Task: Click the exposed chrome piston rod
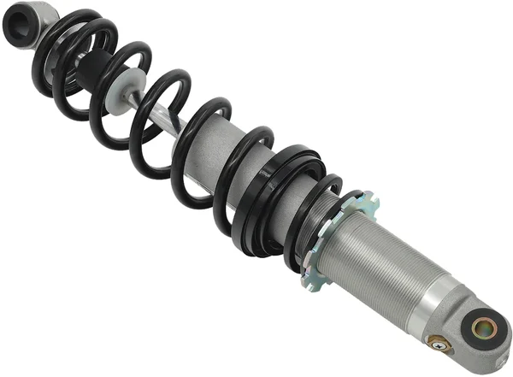point(158,115)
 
